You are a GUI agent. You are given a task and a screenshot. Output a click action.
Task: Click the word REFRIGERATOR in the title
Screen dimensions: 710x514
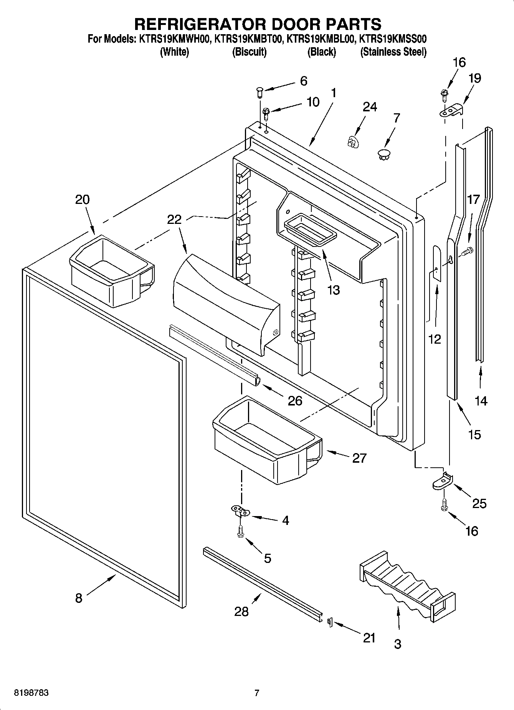199,24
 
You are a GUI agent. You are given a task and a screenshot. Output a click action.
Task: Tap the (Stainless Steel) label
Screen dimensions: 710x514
393,52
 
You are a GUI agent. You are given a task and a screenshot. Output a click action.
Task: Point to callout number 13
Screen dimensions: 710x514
333,290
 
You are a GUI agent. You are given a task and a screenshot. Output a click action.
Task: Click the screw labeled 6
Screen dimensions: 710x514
259,92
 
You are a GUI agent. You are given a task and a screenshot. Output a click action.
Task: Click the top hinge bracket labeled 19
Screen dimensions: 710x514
451,111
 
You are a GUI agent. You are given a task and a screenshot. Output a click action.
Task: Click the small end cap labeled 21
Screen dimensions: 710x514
329,621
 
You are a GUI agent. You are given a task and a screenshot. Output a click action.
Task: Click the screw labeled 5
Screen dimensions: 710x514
240,532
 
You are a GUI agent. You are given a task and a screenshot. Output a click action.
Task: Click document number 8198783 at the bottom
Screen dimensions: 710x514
31,693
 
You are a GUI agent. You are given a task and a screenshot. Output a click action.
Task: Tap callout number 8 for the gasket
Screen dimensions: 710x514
78,598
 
